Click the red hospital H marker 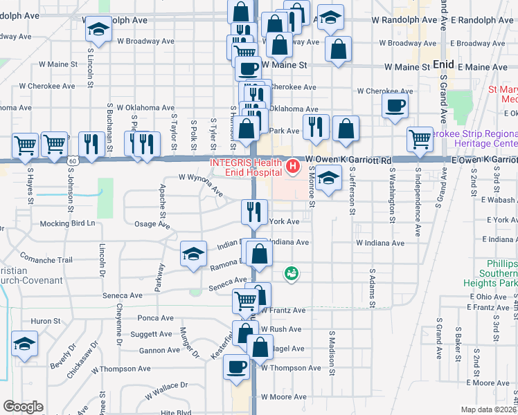(x=293, y=166)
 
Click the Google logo (x=23, y=407)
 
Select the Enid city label (x=443, y=64)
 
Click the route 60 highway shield (x=73, y=160)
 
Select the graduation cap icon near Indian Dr (x=193, y=254)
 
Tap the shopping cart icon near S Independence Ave (x=420, y=139)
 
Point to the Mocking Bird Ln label (x=67, y=223)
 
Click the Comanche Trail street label (x=46, y=259)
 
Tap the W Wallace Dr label (x=166, y=391)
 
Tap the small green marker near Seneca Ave (x=292, y=274)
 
